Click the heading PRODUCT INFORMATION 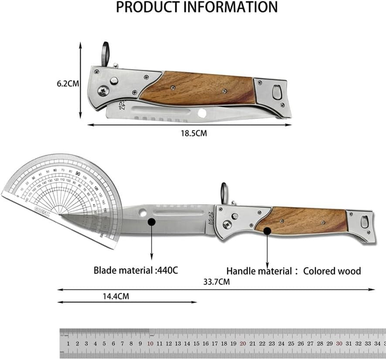(x=197, y=7)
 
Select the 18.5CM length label (x=195, y=133)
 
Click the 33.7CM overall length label (x=217, y=282)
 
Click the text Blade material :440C (x=136, y=270)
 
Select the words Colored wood (x=332, y=271)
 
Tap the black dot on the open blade (x=151, y=222)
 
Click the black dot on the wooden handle (x=267, y=231)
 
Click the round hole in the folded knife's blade (x=202, y=113)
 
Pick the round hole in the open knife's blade (x=143, y=213)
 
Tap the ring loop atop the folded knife (x=106, y=53)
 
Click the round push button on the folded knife (x=114, y=81)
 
